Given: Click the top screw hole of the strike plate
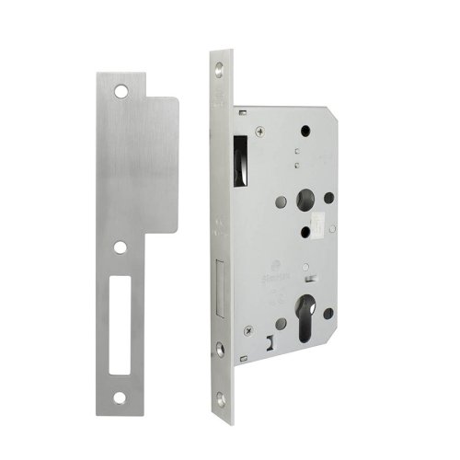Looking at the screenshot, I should (x=121, y=91).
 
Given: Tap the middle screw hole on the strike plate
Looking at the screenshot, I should (x=121, y=246).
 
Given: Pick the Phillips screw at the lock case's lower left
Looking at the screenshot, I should (x=247, y=328).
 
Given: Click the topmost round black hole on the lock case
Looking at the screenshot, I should (x=303, y=128).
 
